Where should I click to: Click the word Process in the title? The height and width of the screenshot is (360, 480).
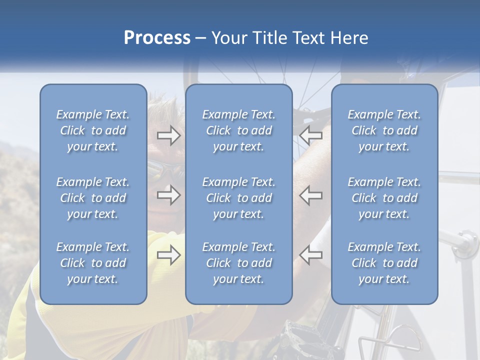coord(157,38)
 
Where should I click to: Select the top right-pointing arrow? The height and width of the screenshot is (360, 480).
coord(168,135)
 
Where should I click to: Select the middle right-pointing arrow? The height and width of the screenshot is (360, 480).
coord(168,195)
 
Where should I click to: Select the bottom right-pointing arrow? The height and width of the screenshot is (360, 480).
coord(168,255)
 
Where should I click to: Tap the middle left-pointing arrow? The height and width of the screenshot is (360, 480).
coord(311,195)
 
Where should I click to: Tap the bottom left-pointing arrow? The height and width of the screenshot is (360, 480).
coord(311,255)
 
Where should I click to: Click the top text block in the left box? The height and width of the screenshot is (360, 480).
coord(93,130)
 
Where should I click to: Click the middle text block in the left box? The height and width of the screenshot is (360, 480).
coord(93,198)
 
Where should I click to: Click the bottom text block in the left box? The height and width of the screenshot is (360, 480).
coord(93,263)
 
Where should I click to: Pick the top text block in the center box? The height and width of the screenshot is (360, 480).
coord(238,130)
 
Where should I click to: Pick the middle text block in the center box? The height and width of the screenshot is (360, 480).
coord(238,198)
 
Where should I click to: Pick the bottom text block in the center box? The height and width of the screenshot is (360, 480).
coord(238,263)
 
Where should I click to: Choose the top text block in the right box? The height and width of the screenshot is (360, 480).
coord(384,130)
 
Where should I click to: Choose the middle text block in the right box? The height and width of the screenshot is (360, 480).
coord(384,198)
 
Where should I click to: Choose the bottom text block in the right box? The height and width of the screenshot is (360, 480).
coord(384,263)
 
